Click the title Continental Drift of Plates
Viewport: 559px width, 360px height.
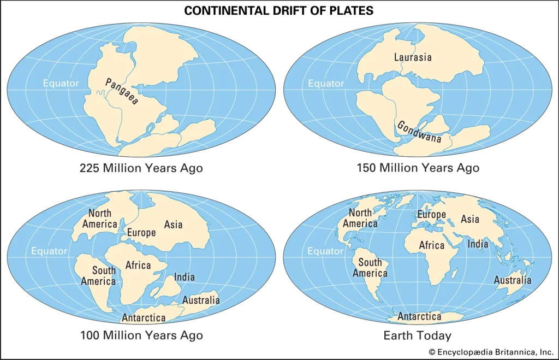(279, 10)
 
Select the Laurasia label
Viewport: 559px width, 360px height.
(413, 57)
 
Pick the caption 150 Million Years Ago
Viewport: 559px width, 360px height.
(418, 168)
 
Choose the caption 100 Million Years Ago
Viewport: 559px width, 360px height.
(141, 335)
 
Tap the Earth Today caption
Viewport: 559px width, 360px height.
(418, 335)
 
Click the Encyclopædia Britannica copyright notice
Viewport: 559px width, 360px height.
(490, 352)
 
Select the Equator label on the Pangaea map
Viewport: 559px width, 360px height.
(61, 84)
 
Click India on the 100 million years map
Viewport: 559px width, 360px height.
(184, 277)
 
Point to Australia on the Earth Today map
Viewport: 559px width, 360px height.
(512, 280)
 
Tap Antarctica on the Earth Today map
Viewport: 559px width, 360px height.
(419, 317)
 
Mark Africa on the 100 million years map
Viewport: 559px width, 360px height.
(138, 265)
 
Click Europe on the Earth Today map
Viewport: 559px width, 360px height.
(432, 215)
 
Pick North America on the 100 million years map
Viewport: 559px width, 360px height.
(99, 219)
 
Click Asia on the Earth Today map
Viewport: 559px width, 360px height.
(470, 219)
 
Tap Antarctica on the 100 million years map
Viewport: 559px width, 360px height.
(144, 318)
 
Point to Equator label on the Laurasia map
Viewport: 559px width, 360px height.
(326, 84)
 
